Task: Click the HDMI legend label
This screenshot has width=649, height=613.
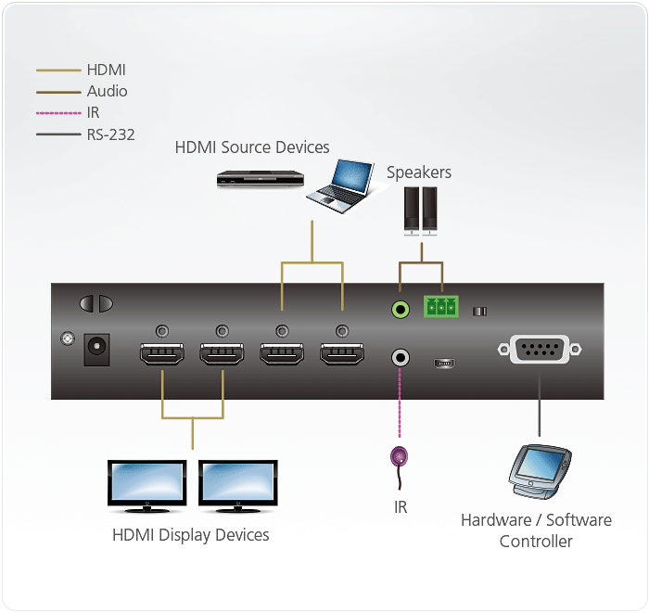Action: [x=106, y=70]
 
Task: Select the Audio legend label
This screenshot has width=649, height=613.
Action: [x=107, y=91]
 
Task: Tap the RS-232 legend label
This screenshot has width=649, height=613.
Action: [x=110, y=134]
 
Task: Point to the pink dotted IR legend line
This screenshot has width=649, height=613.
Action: [x=57, y=113]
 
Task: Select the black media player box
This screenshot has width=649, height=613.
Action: [x=261, y=178]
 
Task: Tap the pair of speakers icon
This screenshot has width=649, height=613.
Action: [x=419, y=209]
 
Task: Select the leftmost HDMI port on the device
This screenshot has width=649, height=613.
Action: [x=162, y=355]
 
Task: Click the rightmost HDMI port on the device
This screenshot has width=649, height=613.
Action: [x=342, y=355]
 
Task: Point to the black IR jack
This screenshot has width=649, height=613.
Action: [x=401, y=356]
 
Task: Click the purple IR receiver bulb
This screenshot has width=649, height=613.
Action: [x=401, y=456]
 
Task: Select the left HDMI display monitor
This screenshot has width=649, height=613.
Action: [x=147, y=485]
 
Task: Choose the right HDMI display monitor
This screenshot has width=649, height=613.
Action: [x=238, y=485]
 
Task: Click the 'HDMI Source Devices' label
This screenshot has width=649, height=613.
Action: [x=252, y=147]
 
